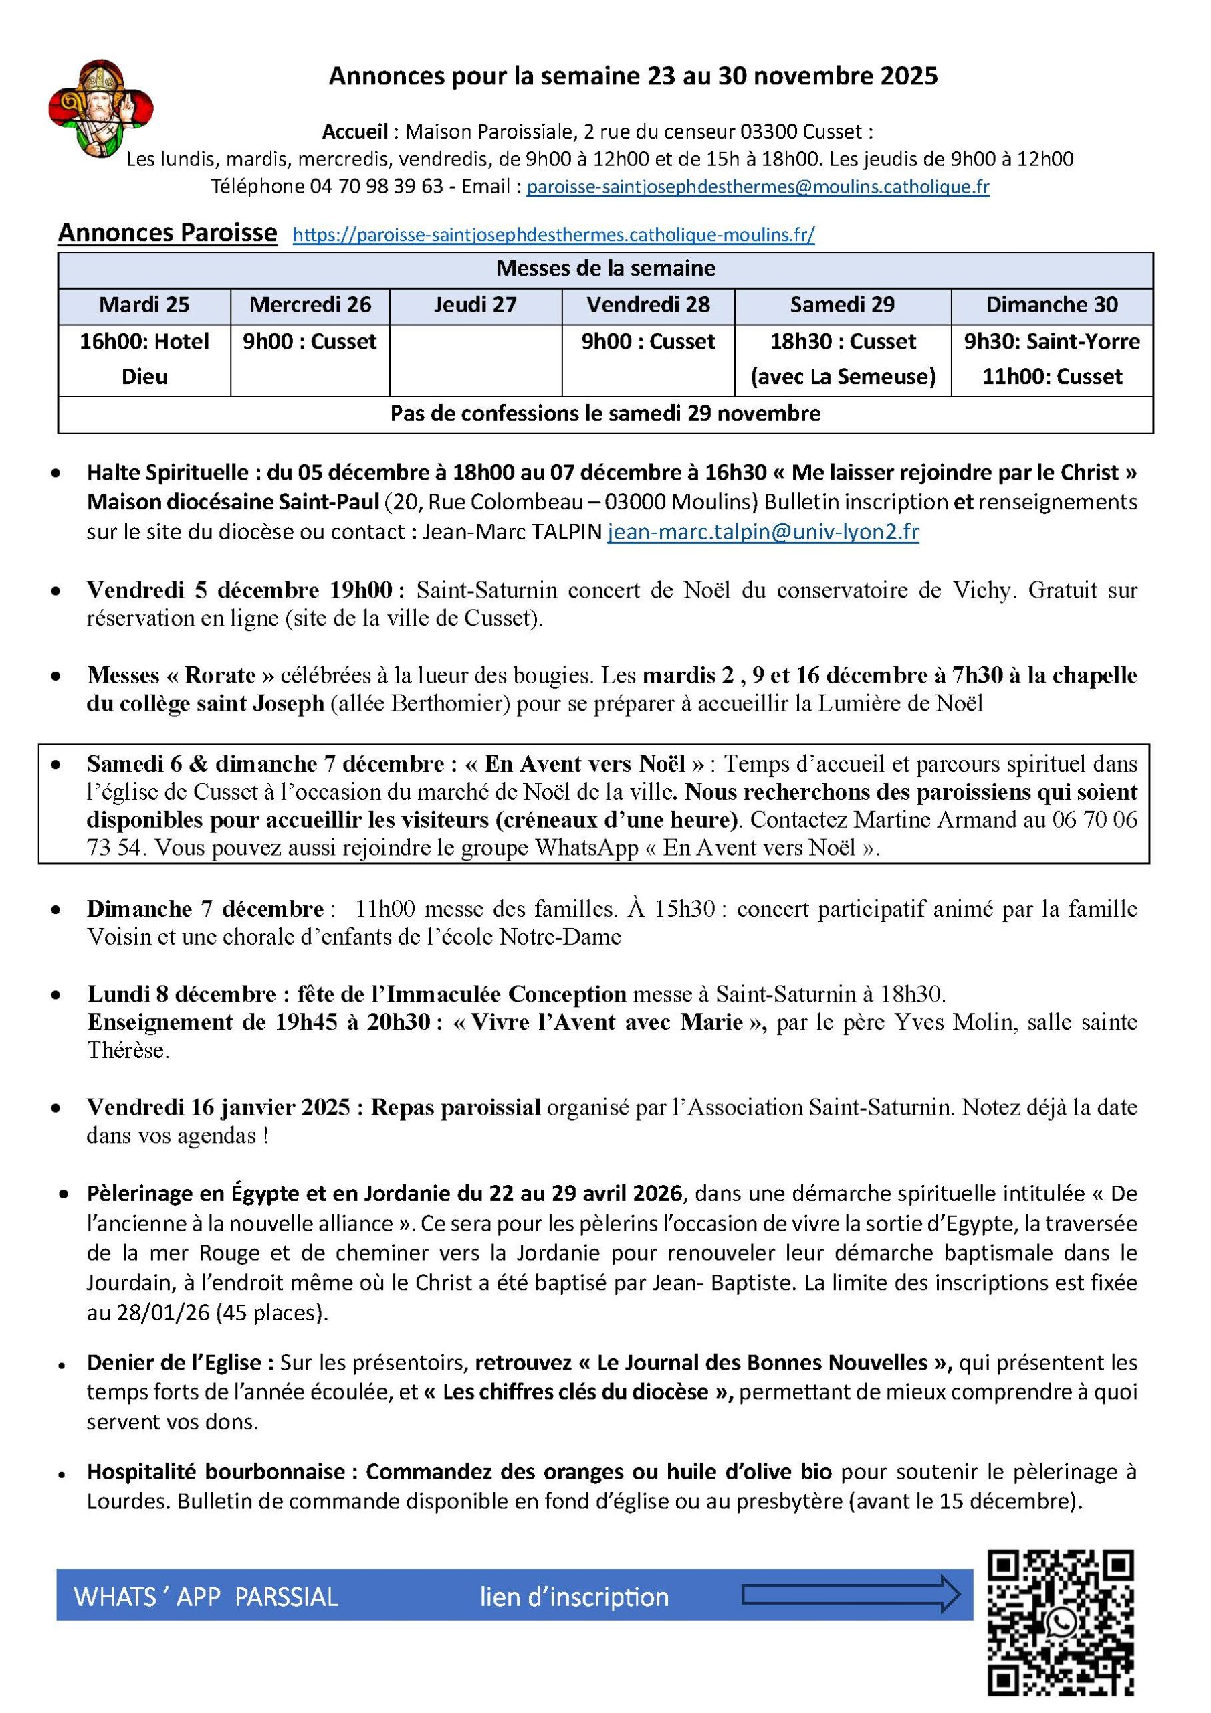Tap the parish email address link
(758, 187)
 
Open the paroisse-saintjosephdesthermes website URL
(553, 235)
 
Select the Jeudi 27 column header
(475, 305)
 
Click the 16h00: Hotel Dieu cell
(144, 359)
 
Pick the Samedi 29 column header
(842, 305)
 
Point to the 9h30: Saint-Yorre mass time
(1051, 342)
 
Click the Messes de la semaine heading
(606, 268)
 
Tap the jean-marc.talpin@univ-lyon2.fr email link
(763, 532)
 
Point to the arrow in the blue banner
(851, 1597)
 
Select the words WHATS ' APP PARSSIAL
(206, 1597)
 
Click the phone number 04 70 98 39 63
(376, 187)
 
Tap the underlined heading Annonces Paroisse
(168, 233)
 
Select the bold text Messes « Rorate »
(181, 675)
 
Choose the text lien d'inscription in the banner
(574, 1597)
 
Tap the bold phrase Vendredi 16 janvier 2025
(219, 1107)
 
